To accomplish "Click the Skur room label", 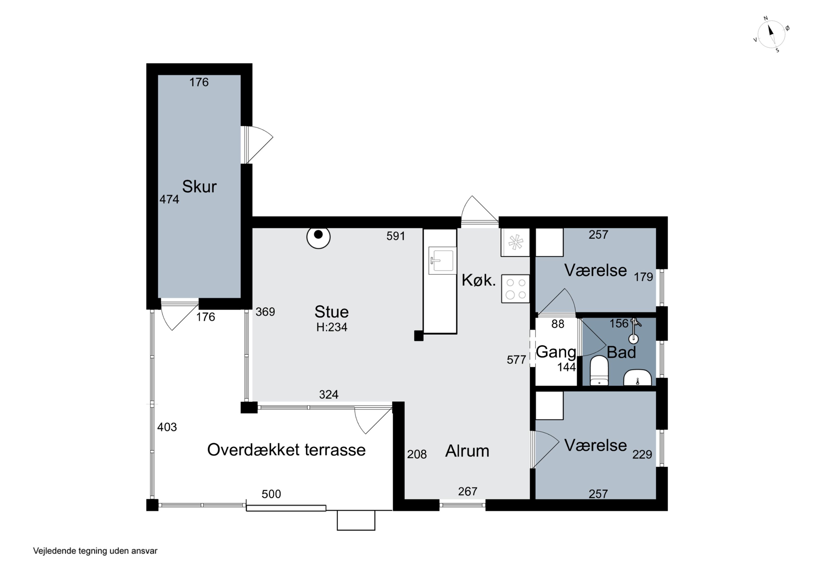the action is (199, 187).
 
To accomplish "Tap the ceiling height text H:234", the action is (332, 327).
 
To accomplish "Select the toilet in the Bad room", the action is (599, 371).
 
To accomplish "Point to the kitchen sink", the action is (442, 260).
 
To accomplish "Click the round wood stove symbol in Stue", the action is (318, 237).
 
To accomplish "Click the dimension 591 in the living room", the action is (396, 236).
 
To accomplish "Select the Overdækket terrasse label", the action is (287, 450).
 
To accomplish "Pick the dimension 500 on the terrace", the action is (271, 494).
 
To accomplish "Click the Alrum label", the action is (467, 451).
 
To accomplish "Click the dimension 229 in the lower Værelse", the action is (642, 454).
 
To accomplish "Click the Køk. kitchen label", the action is (479, 280).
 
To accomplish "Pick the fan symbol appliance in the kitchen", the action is (516, 243).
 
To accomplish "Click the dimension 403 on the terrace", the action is (167, 427).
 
